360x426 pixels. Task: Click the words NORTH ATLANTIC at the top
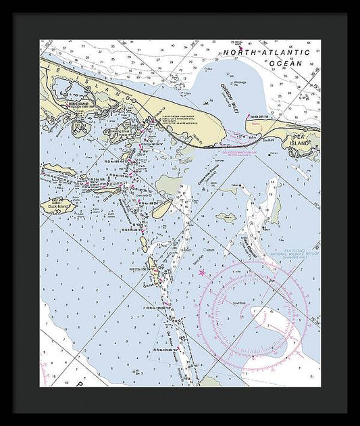pos(266,52)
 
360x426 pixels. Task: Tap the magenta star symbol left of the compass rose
pos(201,273)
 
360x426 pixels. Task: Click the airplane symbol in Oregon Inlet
pos(204,101)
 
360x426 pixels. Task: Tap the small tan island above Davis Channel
pos(225,217)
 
